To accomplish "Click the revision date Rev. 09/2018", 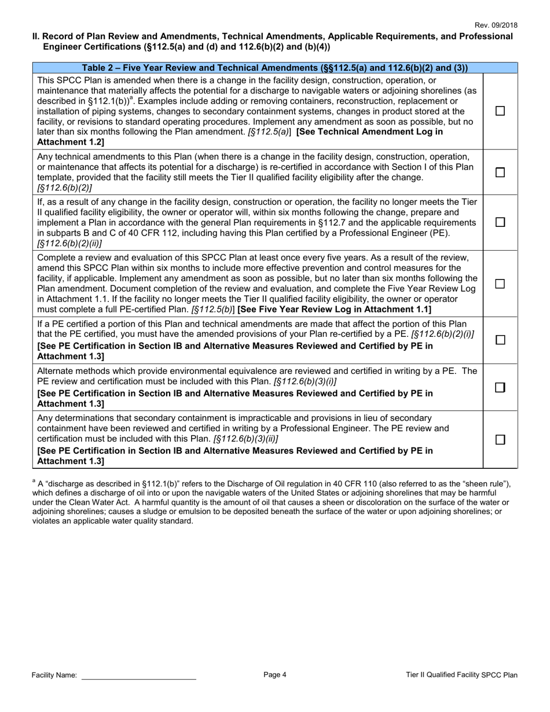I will pos(496,25).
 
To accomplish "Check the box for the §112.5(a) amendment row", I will pos(501,111).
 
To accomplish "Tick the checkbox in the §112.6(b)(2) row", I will pos(501,173).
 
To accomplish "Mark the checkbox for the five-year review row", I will pos(501,284).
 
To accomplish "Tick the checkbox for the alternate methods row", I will pos(501,388).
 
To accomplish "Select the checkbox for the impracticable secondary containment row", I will pos(501,439).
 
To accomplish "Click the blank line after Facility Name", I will pos(138,675).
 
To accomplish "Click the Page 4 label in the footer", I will pos(275,674).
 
